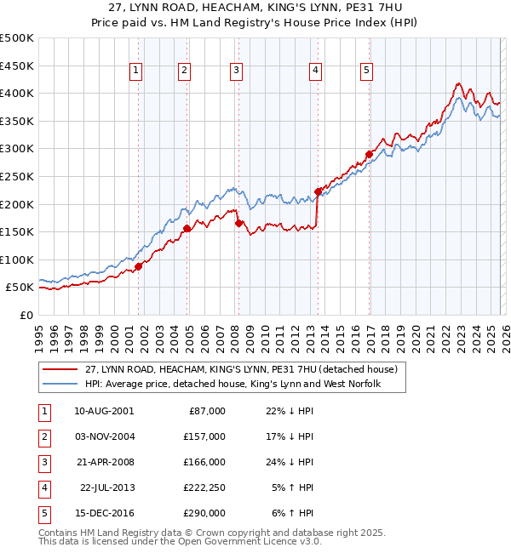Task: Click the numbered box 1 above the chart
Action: (137, 71)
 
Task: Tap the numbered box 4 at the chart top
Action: (315, 71)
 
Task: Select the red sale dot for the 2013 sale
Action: (318, 191)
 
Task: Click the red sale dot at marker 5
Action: (369, 154)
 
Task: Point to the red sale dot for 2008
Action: (238, 223)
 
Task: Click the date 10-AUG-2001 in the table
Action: (103, 411)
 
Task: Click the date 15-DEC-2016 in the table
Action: (103, 513)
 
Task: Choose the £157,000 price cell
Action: (205, 436)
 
